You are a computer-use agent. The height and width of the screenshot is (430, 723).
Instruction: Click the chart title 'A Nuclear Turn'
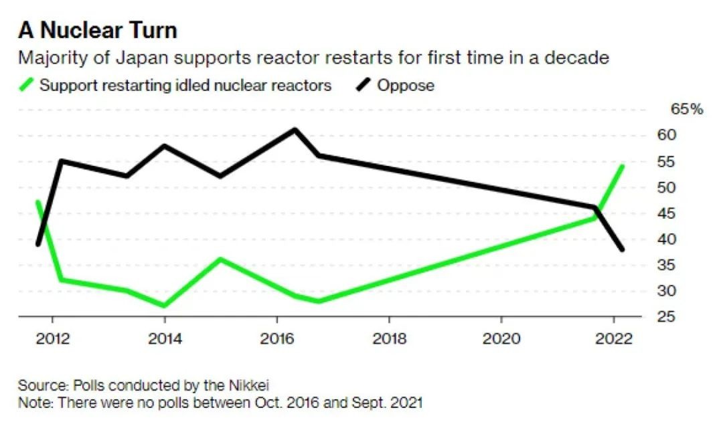coord(97,31)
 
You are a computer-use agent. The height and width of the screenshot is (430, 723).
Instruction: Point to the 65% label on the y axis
coord(686,110)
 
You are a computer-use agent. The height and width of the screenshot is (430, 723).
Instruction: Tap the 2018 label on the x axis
coord(390,338)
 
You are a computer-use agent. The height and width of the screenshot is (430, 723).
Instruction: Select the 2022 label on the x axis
coord(614,338)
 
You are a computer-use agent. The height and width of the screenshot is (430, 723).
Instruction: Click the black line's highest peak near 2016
coord(295,129)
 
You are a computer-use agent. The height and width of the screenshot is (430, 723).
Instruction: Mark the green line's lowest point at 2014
coord(164,306)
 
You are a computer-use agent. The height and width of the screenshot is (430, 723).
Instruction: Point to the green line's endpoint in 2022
coord(623,166)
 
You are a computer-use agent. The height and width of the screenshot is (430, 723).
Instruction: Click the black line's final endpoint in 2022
coord(623,249)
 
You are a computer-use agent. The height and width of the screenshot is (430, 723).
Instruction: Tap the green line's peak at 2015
coord(220,259)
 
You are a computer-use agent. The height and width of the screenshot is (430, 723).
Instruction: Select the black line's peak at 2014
coord(165,146)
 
